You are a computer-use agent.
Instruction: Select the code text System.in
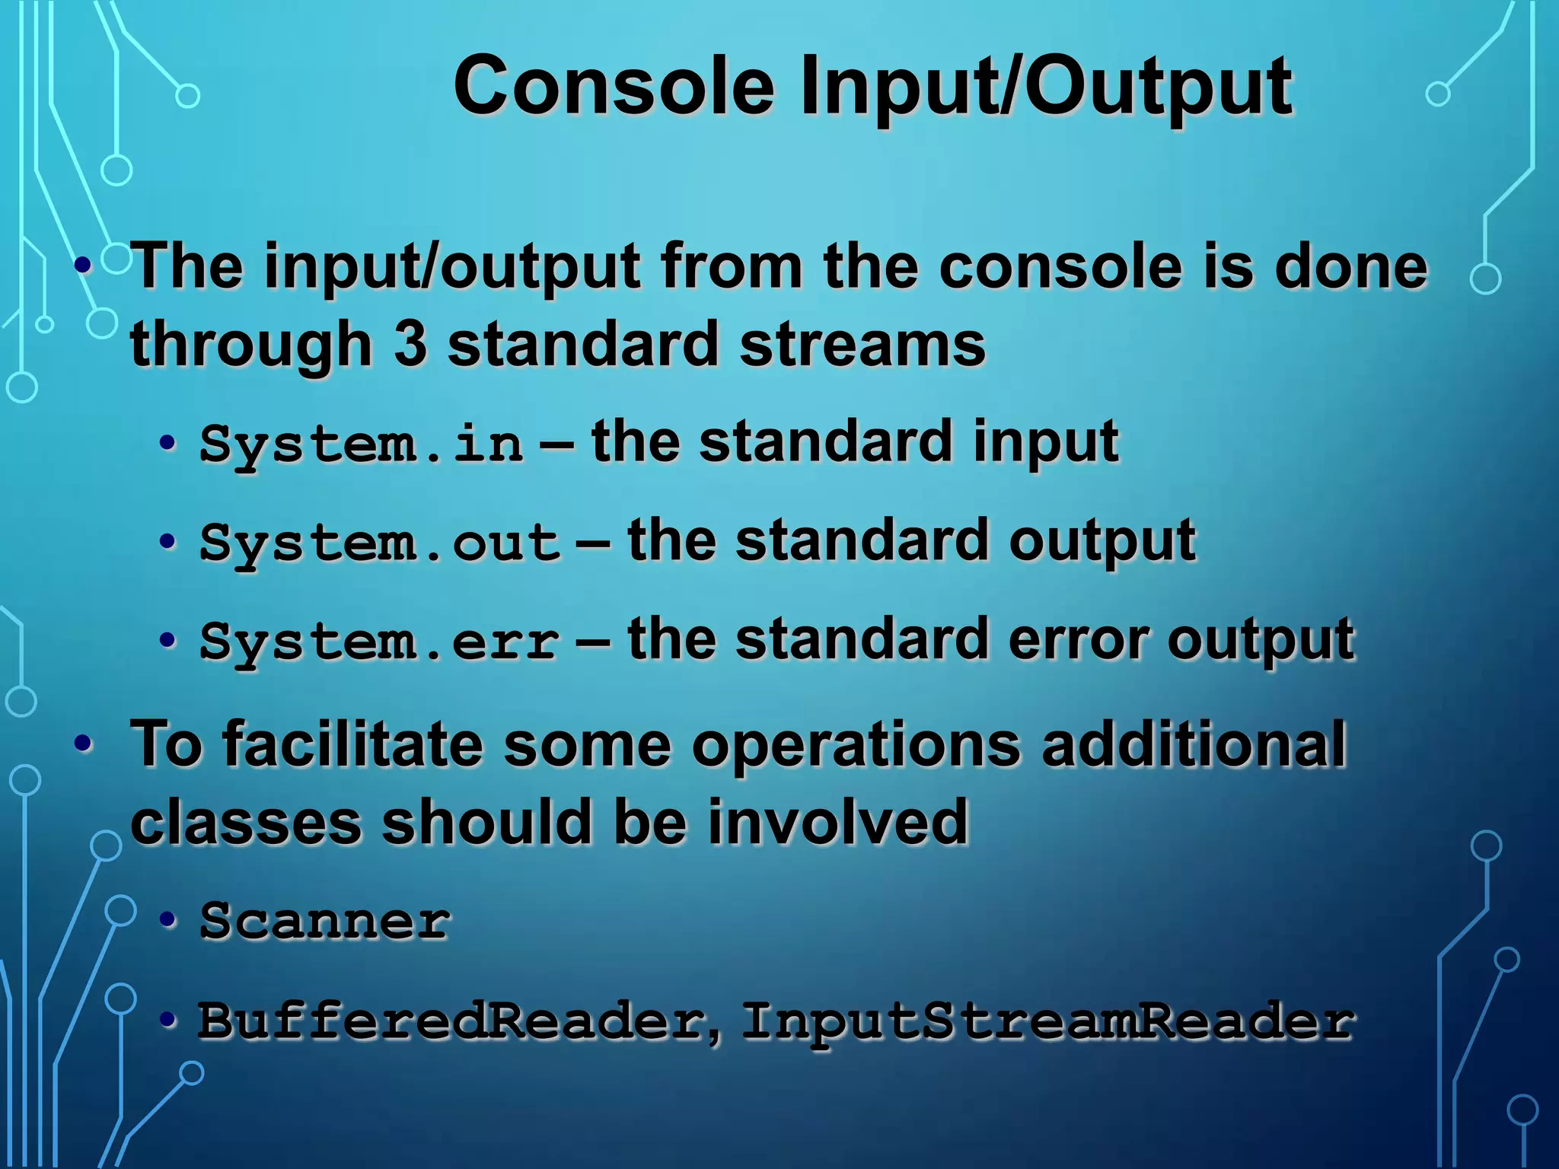pyautogui.click(x=362, y=444)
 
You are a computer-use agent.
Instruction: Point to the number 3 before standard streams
pyautogui.click(x=410, y=343)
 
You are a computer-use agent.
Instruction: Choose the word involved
pyautogui.click(x=837, y=822)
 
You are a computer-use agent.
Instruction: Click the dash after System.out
pyautogui.click(x=593, y=543)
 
